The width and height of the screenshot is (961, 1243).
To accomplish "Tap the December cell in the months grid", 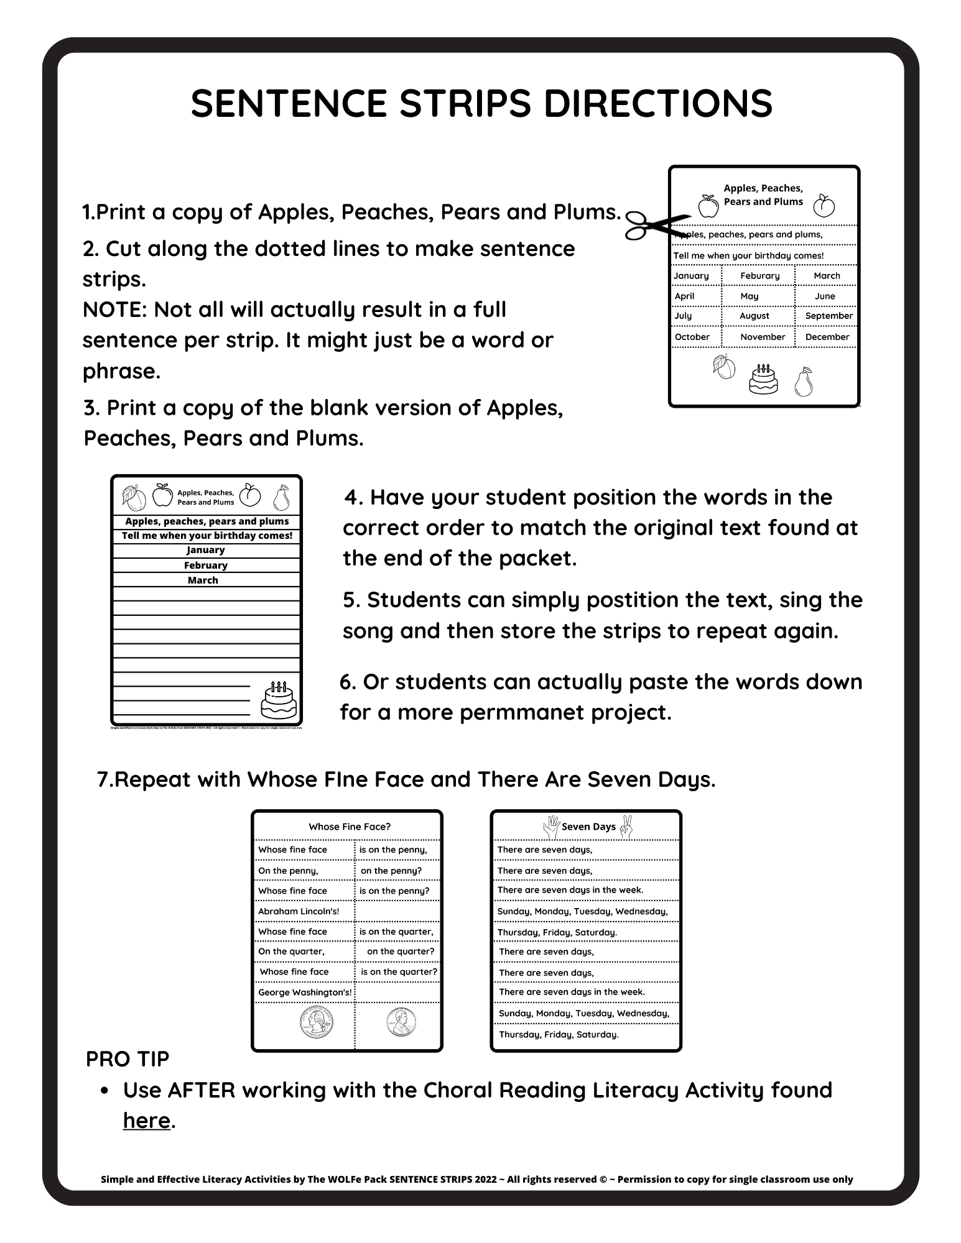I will [x=827, y=337].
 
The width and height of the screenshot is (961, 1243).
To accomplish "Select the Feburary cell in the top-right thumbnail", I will [x=759, y=275].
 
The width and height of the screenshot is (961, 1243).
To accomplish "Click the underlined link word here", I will [x=146, y=1120].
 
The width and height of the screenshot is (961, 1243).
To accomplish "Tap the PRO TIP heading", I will [x=128, y=1058].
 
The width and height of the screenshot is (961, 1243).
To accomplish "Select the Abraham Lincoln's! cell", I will [x=299, y=911].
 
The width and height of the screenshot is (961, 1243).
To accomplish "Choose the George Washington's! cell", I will [x=305, y=992].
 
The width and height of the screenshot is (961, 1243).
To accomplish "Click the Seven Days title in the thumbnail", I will [x=588, y=827].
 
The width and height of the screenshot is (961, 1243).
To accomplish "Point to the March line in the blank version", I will [x=203, y=580].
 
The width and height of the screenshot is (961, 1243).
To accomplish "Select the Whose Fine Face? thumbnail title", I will [x=350, y=827].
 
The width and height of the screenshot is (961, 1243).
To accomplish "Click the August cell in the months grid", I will [x=754, y=316].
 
